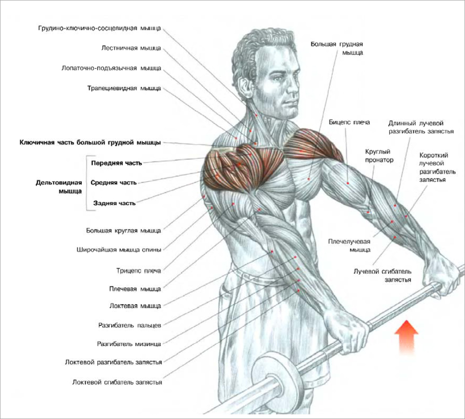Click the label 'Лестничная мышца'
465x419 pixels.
(131, 48)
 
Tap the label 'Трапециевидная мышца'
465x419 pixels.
(124, 88)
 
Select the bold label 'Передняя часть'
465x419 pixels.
(117, 163)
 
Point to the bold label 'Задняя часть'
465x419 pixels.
(114, 203)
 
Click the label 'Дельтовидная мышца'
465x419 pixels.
(59, 187)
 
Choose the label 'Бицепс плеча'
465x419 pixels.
(349, 122)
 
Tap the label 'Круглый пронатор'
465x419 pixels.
(379, 156)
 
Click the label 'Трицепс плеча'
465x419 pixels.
(139, 271)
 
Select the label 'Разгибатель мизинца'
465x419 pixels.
(129, 344)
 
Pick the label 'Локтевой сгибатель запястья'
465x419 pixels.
(117, 382)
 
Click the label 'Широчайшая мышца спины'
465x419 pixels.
(119, 250)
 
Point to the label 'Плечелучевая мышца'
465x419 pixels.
(349, 245)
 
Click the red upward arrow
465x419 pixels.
(406, 337)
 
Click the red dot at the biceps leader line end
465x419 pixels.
(348, 183)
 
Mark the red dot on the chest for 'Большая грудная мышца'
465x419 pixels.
(309, 179)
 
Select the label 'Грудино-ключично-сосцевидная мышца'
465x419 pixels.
(100, 28)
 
